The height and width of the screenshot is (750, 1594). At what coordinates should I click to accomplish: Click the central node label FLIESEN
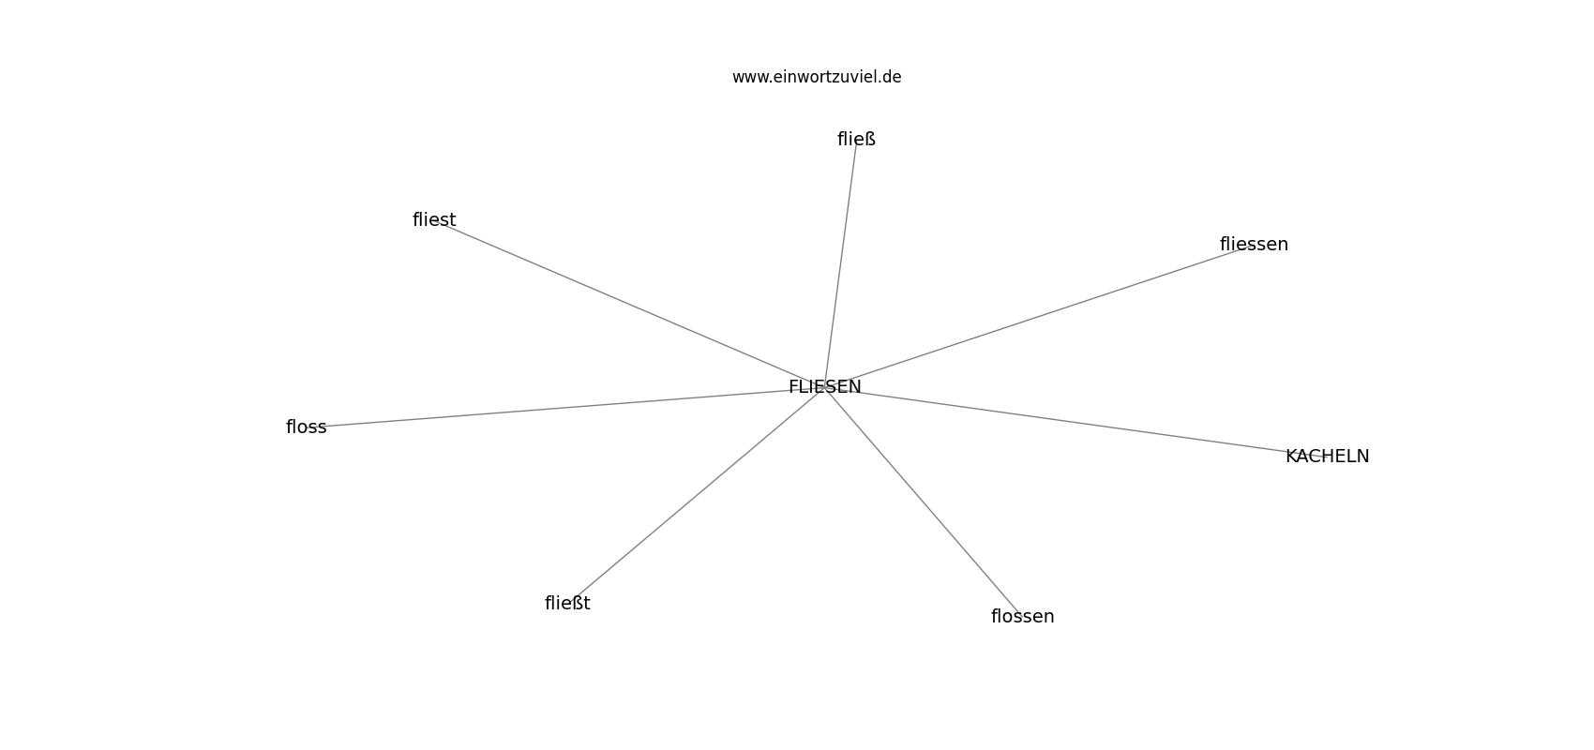[825, 386]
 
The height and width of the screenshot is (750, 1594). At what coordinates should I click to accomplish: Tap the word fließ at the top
[856, 140]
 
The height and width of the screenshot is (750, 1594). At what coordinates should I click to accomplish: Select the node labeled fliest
[434, 219]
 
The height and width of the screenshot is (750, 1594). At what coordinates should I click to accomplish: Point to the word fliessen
[1254, 244]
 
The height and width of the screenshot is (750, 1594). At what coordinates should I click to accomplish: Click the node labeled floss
[306, 427]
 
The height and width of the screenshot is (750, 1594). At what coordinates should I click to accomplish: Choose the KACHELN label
[1327, 457]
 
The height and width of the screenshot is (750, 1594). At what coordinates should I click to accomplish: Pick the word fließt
[567, 603]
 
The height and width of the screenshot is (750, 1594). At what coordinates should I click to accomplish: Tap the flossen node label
[1023, 616]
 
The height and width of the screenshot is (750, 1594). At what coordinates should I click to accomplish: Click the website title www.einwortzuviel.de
[817, 77]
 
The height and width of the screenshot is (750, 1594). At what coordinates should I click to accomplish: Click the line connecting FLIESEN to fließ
[840, 263]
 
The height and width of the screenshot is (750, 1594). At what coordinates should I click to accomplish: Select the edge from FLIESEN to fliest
[630, 303]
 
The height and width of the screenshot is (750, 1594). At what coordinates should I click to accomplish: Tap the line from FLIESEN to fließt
[696, 495]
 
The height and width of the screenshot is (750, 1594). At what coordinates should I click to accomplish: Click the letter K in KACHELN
[1291, 457]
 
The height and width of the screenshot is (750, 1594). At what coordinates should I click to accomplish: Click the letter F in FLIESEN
[793, 386]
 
